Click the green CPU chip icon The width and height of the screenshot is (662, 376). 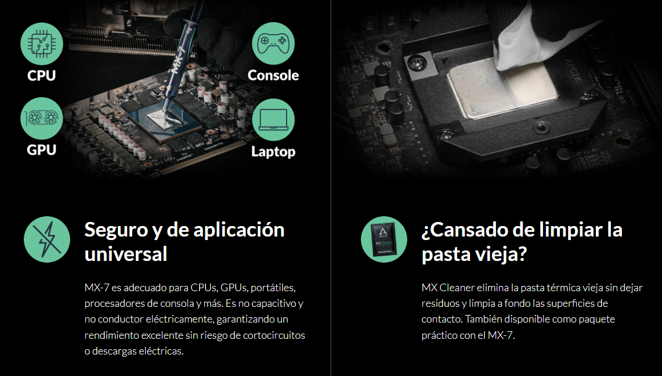point(41,44)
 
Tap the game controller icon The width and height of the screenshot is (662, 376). point(273,44)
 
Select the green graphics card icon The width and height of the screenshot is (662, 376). point(41,119)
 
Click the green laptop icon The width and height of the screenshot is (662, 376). point(273,120)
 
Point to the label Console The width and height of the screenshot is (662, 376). point(273,76)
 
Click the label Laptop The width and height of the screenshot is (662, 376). point(273,152)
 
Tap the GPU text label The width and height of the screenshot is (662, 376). point(41,150)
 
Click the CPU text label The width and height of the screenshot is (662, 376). point(41,76)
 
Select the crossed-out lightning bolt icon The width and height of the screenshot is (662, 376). point(47,239)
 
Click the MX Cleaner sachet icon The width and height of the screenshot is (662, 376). point(384,239)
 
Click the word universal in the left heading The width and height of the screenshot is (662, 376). point(126,254)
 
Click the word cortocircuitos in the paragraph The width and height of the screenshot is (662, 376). point(274,335)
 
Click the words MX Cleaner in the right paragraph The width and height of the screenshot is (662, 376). point(448,288)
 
